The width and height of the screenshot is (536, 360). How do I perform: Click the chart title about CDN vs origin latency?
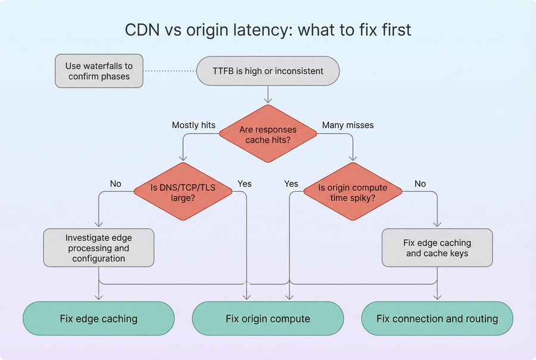(268, 30)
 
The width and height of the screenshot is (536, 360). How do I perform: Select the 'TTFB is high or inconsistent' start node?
(268, 71)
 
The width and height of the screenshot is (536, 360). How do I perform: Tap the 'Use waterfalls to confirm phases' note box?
(99, 71)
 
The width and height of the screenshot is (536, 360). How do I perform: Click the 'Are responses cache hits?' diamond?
(267, 134)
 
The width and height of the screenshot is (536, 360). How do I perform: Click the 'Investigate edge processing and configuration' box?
(99, 247)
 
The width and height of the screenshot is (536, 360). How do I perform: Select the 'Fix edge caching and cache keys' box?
(437, 247)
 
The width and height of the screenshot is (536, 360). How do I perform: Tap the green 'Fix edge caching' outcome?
(99, 318)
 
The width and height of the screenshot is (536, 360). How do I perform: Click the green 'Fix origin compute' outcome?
(267, 318)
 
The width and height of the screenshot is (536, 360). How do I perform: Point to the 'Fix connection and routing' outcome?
(437, 318)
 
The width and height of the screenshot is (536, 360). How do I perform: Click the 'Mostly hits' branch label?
(194, 125)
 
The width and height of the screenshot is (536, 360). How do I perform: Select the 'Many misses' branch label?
(348, 125)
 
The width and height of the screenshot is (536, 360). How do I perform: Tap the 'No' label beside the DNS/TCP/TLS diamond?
(116, 184)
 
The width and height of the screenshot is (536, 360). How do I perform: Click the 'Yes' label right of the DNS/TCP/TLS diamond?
(244, 184)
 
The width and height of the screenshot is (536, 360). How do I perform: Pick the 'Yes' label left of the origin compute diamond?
(291, 184)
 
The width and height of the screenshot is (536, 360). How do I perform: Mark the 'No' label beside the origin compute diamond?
(420, 184)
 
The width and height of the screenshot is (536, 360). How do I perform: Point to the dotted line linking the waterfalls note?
(170, 71)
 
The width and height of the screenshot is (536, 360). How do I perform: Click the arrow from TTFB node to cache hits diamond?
(267, 94)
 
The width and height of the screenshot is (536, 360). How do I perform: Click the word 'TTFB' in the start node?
(224, 71)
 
